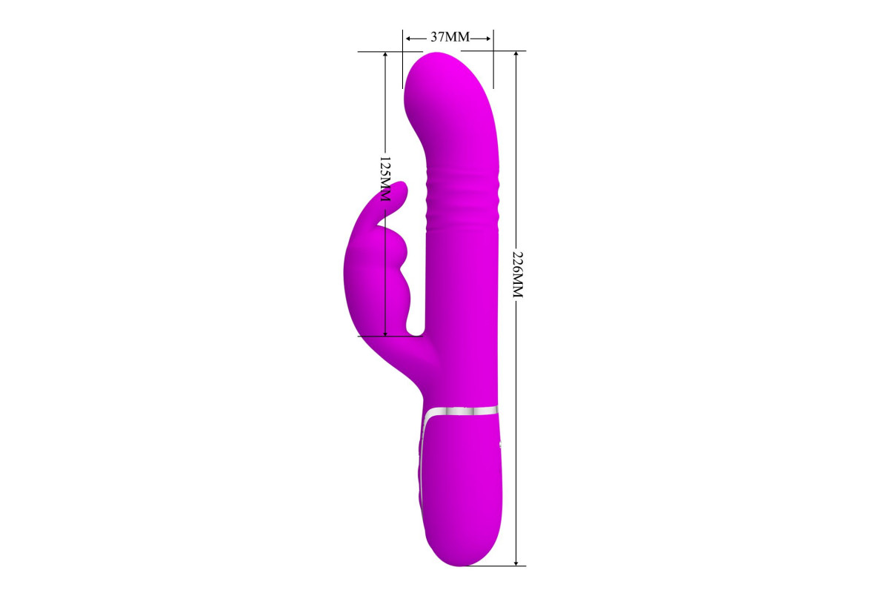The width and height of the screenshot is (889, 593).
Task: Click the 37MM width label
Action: pos(450,37)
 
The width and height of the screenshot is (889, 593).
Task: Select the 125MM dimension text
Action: pos(385,179)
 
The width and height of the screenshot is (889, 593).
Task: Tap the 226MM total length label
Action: pos(517,274)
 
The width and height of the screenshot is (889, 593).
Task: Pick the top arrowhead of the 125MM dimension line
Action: pos(385,56)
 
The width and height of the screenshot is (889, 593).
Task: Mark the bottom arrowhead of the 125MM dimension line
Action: pos(385,332)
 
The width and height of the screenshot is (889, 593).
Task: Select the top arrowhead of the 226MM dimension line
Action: pos(516,56)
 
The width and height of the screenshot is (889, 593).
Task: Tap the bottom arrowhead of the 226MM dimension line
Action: pos(516,561)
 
